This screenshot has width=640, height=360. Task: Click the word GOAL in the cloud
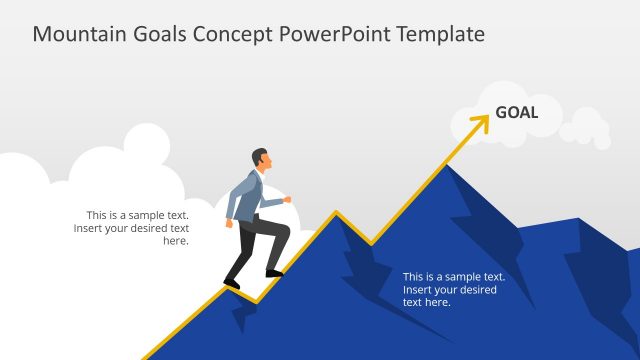coord(516,112)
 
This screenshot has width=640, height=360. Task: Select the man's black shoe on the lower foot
coord(231,284)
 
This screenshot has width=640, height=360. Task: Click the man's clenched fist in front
coord(287,199)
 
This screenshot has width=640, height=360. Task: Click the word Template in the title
coord(440,34)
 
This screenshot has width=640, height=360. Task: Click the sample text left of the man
coord(131,227)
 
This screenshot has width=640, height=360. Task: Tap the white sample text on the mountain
coord(453,289)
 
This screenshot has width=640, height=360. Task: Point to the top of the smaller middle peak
coord(336,213)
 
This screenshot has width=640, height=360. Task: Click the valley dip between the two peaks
coord(371,243)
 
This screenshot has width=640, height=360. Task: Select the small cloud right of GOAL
coord(584,129)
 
